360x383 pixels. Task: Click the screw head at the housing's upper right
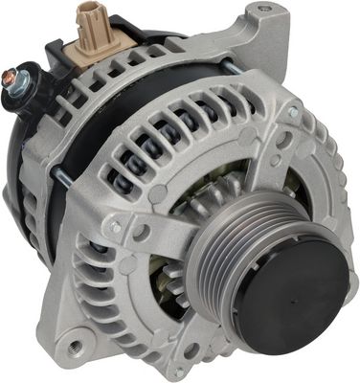(293, 112)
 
